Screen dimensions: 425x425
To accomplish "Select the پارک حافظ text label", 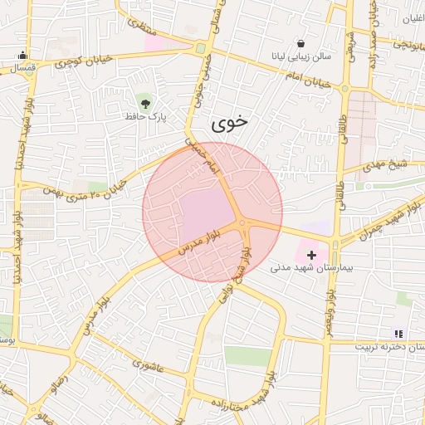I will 147,118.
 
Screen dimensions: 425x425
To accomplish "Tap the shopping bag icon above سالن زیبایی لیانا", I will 300,42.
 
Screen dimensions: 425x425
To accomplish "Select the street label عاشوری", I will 148,364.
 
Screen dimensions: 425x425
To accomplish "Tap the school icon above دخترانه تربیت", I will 398,333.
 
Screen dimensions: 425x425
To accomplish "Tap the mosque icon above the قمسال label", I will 22,56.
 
